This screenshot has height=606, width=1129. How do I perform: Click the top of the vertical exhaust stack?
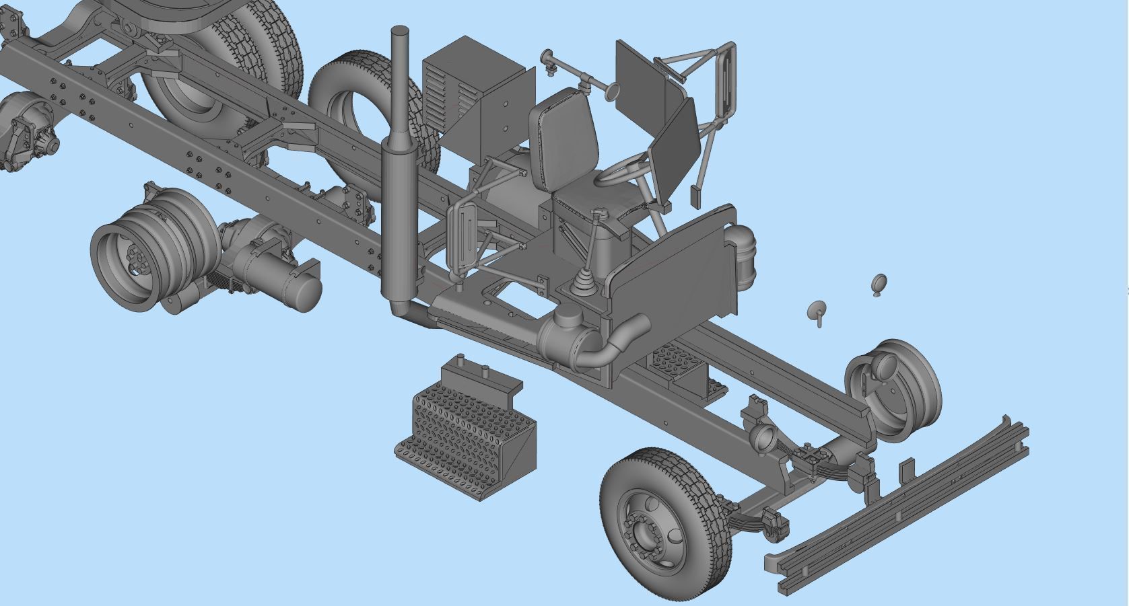tap(400, 33)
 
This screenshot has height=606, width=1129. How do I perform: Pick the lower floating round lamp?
tap(817, 311)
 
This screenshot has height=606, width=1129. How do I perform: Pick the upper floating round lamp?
tap(879, 283)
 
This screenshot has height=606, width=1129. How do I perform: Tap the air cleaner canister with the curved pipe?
tap(569, 336)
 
